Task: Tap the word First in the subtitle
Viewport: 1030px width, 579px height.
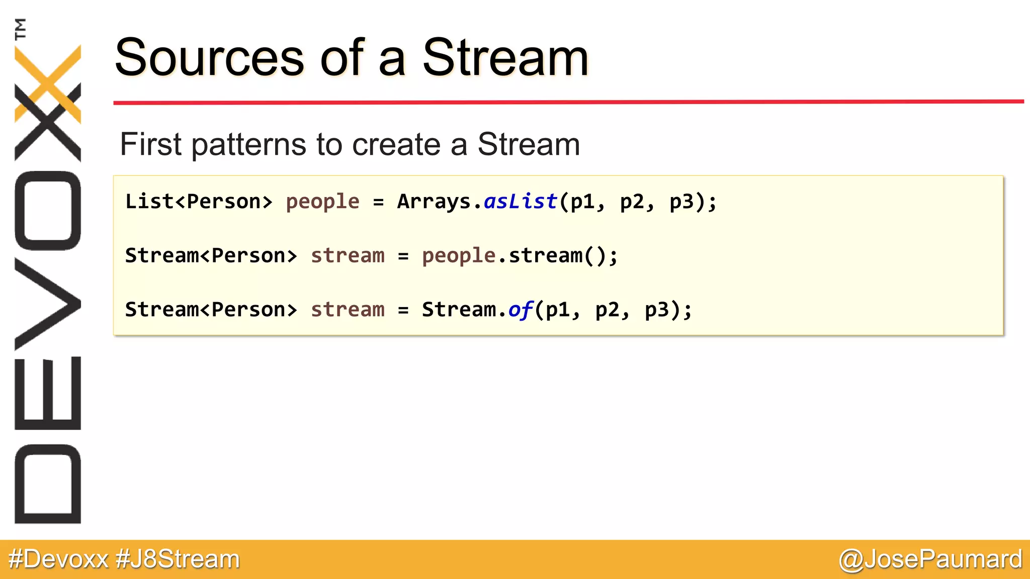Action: (150, 144)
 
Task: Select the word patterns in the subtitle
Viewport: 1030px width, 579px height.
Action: (249, 144)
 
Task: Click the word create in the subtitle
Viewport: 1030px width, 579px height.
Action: (396, 144)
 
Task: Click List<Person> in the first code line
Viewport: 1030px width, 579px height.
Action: (199, 202)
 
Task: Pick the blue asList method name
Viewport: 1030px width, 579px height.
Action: (520, 202)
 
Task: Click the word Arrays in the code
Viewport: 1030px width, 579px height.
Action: (434, 202)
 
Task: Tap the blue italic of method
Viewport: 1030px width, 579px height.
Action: (520, 310)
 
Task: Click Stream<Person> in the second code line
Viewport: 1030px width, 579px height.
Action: (211, 256)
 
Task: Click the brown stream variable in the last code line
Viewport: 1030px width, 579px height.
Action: (348, 310)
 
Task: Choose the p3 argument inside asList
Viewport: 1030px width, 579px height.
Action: (681, 202)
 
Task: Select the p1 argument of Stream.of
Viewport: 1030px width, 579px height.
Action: (558, 310)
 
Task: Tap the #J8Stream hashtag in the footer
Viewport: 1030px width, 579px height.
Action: (178, 559)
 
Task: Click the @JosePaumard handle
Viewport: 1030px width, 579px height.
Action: (930, 559)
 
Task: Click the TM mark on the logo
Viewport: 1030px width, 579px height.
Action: (20, 29)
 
